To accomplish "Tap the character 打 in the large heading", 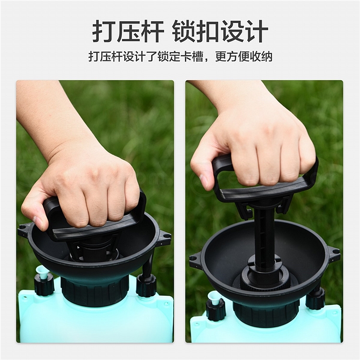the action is pyautogui.click(x=104, y=32).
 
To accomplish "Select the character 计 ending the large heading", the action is pyautogui.click(x=256, y=32).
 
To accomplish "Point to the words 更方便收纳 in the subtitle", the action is pyautogui.click(x=243, y=57).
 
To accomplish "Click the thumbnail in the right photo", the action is pyautogui.click(x=204, y=179).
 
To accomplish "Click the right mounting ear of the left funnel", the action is pyautogui.click(x=164, y=237).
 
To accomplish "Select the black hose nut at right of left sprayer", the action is pyautogui.click(x=146, y=286).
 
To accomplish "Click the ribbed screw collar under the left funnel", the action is pyautogui.click(x=95, y=291).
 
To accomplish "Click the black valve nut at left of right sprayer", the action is pyautogui.click(x=215, y=310).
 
